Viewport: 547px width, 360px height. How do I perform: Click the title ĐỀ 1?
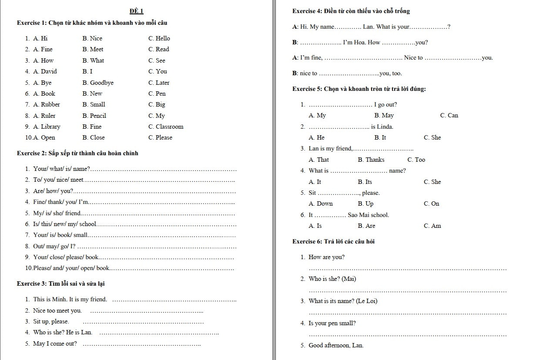tap(136, 11)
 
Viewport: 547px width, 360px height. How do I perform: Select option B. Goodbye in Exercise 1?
tap(98, 83)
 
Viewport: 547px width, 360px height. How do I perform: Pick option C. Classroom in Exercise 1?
tap(166, 127)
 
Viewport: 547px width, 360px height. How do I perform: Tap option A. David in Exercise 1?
tap(45, 71)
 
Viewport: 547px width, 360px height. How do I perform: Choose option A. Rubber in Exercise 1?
tap(47, 104)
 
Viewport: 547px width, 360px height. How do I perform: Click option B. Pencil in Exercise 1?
tap(94, 116)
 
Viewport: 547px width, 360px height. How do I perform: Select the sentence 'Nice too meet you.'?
tap(57, 310)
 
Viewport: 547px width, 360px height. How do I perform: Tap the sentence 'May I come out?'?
tap(55, 343)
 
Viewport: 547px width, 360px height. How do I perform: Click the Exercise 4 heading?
tap(351, 11)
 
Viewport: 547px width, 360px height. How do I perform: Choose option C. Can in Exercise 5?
tap(449, 115)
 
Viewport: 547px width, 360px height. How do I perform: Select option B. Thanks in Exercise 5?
tap(371, 160)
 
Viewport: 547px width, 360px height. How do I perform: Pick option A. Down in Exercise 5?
tap(321, 203)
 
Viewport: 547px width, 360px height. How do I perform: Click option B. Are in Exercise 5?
tap(366, 226)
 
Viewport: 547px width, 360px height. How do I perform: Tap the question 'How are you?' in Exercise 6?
tap(326, 257)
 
